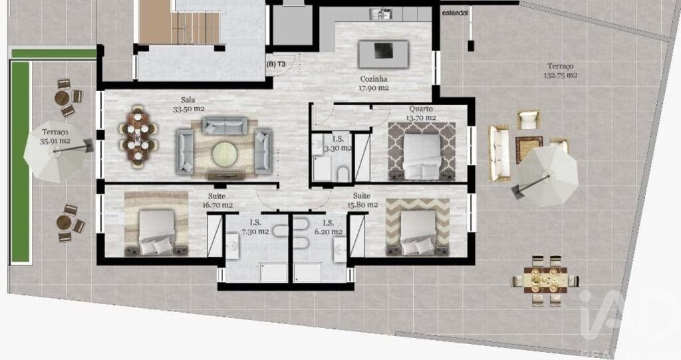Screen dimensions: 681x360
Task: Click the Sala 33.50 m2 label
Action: pyautogui.click(x=188, y=104)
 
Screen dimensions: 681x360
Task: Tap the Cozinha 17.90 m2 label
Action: pyautogui.click(x=374, y=83)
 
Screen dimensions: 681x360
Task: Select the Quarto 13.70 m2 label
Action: pyautogui.click(x=421, y=113)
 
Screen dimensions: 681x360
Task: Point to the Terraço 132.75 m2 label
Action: pyautogui.click(x=560, y=71)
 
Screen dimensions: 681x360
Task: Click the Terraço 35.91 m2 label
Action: pyautogui.click(x=55, y=136)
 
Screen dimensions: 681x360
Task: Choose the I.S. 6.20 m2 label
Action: pyautogui.click(x=329, y=228)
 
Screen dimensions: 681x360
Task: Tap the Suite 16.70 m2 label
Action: pyautogui.click(x=217, y=200)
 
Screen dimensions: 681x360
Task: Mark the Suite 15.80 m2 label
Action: pyautogui.click(x=362, y=200)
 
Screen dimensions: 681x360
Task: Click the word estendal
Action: pyautogui.click(x=455, y=13)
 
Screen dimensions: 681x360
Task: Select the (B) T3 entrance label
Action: pyautogui.click(x=276, y=65)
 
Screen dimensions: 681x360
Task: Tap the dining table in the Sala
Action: pyautogui.click(x=138, y=136)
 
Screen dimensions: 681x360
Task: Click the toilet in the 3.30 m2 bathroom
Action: pyautogui.click(x=343, y=174)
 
